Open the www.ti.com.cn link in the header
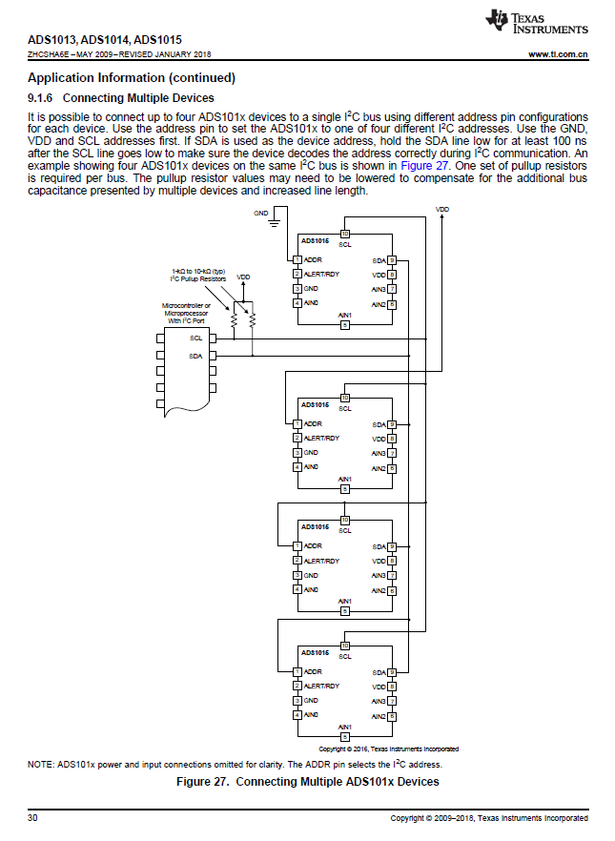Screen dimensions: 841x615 click(x=558, y=55)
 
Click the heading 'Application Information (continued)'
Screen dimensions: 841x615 click(x=132, y=77)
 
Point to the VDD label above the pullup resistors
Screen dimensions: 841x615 click(x=243, y=277)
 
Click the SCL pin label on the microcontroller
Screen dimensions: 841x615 click(x=195, y=338)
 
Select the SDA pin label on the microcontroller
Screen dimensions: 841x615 click(x=195, y=356)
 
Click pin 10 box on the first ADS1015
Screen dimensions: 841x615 click(x=345, y=235)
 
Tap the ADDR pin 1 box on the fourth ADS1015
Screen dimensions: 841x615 click(x=297, y=671)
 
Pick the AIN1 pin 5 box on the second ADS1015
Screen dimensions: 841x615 click(x=345, y=488)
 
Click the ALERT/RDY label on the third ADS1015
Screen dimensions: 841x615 click(x=321, y=561)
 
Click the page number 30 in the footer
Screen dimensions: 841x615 click(x=33, y=818)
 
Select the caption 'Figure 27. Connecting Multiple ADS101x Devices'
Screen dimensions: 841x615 click(x=308, y=782)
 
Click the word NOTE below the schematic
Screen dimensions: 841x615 click(x=40, y=765)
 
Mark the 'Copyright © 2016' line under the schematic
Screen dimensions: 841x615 click(x=388, y=749)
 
